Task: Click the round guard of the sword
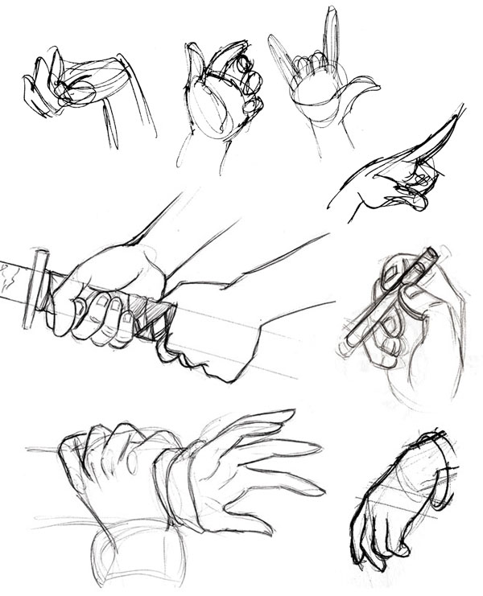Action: [36, 288]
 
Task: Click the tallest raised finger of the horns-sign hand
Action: [330, 36]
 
